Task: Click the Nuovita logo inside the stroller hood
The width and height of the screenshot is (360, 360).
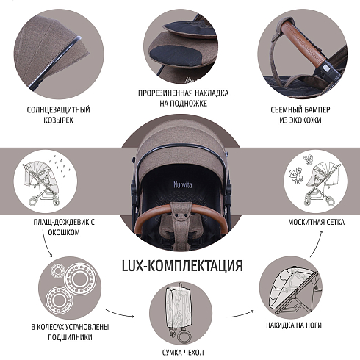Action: click(x=183, y=184)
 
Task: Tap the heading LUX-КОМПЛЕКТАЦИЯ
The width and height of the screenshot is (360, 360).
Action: click(x=182, y=266)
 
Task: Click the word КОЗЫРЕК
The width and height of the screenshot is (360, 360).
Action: click(x=59, y=120)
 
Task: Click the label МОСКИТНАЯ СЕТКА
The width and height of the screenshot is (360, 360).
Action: click(x=316, y=222)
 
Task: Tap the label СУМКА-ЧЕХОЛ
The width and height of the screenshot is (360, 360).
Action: click(x=183, y=353)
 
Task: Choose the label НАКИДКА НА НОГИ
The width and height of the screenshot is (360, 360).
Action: click(x=294, y=325)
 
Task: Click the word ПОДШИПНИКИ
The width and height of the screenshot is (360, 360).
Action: click(x=70, y=337)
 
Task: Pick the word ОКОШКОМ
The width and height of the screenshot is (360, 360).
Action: click(x=64, y=232)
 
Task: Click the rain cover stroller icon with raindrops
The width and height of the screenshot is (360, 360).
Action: click(x=46, y=181)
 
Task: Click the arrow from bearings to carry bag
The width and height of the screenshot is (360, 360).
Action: click(x=120, y=313)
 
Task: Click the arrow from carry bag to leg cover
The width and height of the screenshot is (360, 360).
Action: click(x=240, y=314)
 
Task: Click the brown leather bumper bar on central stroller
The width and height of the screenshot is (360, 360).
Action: click(x=181, y=210)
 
